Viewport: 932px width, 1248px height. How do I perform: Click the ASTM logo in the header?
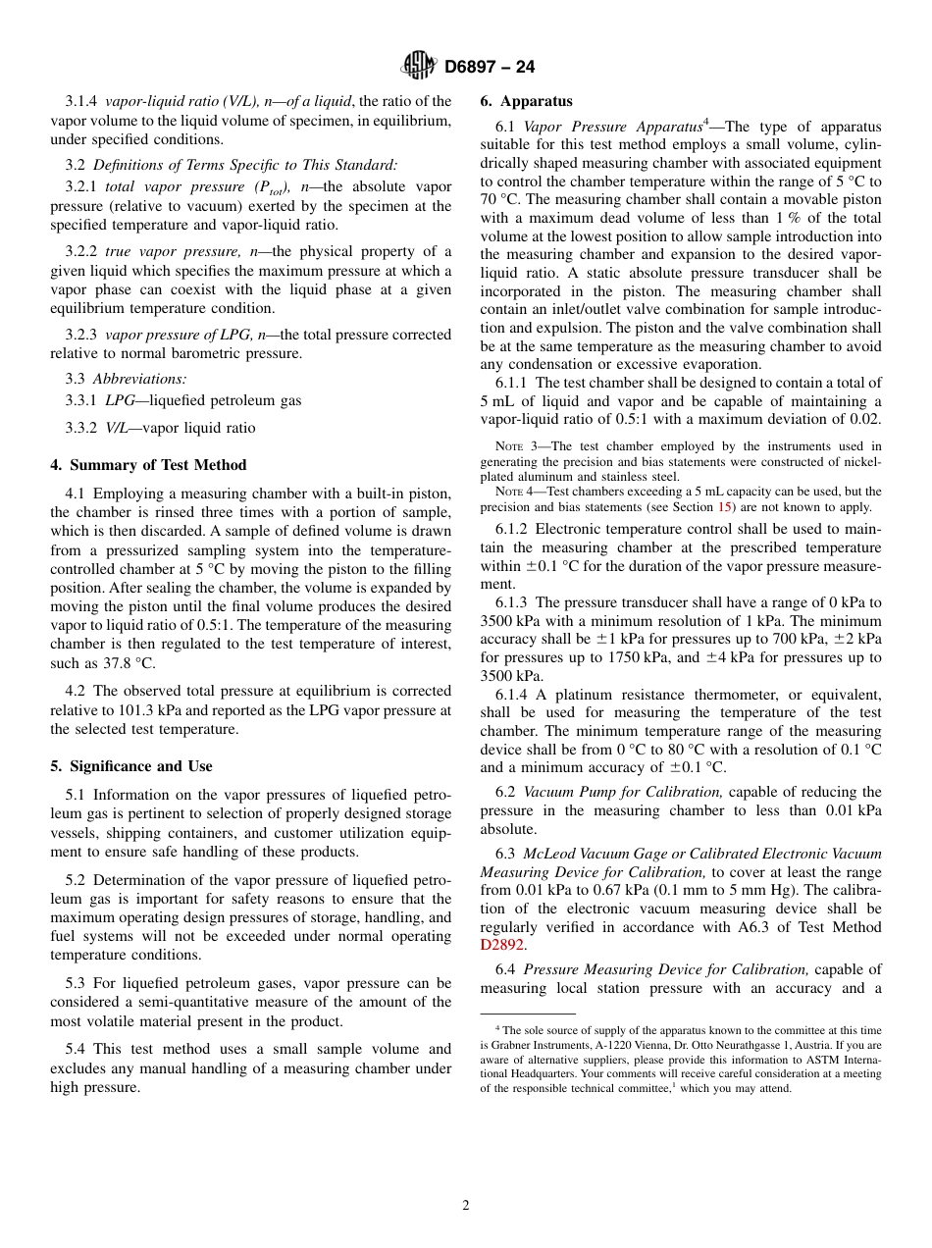pos(419,67)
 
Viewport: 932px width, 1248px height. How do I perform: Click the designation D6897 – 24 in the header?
pos(490,67)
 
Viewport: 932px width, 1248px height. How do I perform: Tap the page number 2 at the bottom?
pos(466,1206)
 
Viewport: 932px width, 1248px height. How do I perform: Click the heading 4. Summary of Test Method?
pos(148,465)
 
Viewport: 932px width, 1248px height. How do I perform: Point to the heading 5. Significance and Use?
pos(131,766)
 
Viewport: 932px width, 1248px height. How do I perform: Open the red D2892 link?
pos(502,946)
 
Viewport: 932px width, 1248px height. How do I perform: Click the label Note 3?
pos(517,446)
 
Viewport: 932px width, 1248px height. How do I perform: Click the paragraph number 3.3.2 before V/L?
pos(82,428)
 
